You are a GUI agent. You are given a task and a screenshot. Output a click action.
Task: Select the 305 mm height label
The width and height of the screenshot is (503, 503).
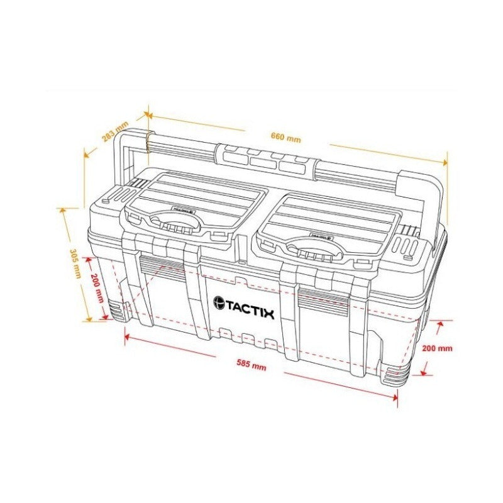75,263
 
